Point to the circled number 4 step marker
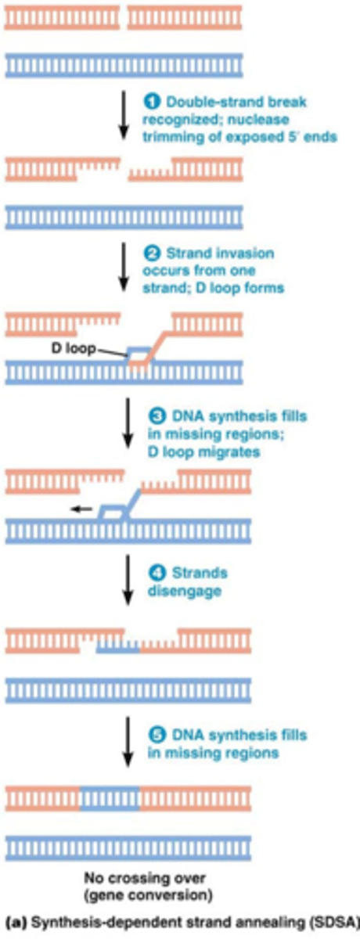pos(153,574)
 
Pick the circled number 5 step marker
pos(153,736)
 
